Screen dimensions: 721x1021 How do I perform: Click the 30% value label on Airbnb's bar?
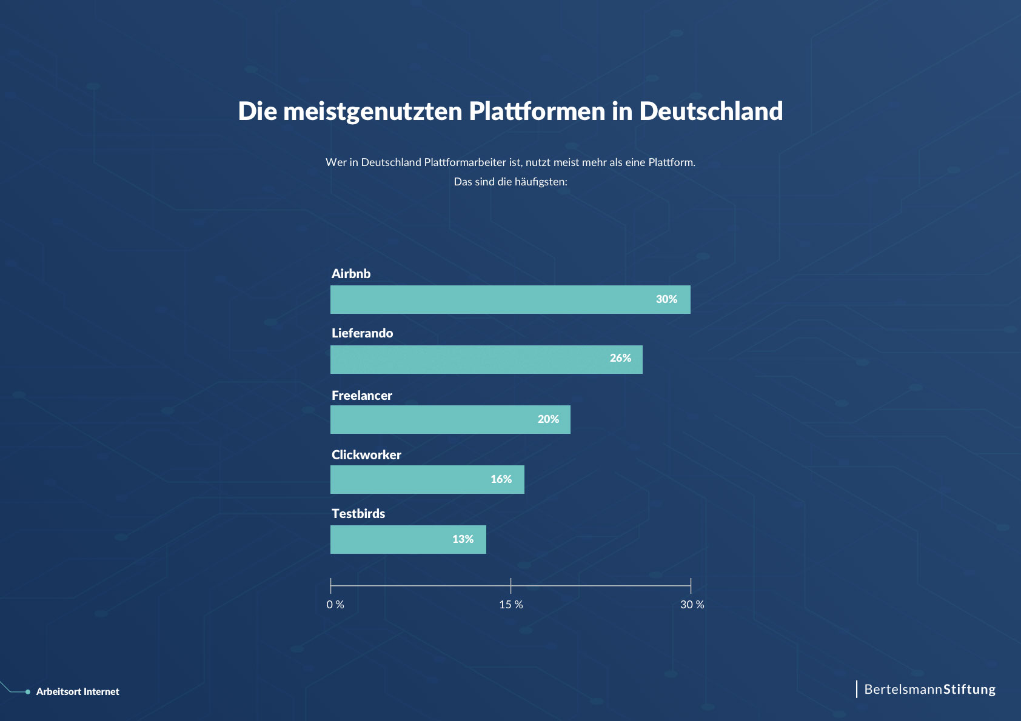coord(666,299)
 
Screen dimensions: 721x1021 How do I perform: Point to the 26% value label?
coord(620,358)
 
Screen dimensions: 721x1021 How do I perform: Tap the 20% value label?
coord(548,419)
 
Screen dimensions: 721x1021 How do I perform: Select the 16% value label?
coord(501,479)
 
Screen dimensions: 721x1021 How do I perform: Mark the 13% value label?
coord(463,539)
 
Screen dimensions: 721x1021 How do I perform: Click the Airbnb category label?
coord(351,274)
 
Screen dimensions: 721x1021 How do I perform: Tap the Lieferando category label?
coord(362,333)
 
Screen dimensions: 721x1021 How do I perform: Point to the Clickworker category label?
coord(366,455)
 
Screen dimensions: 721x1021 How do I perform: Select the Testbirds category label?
coord(358,514)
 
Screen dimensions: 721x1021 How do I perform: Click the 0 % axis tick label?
coord(335,605)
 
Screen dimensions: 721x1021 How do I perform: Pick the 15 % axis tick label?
coord(510,605)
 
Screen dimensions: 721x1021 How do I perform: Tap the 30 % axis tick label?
coord(692,605)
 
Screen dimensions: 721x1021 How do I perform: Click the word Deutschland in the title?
coord(711,111)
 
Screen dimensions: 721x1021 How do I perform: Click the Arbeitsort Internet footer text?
coord(78,692)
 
